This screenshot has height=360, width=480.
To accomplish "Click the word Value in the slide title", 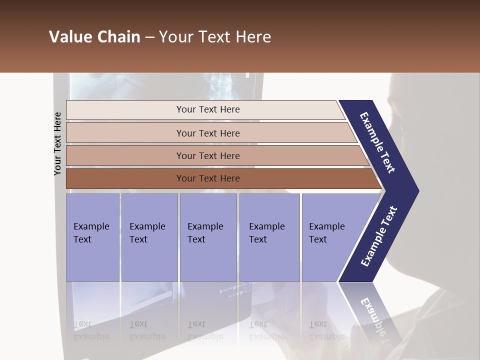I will coord(70,37).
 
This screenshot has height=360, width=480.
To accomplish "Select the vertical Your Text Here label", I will coord(58,143).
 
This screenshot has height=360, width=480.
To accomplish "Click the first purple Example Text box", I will coord(92,237).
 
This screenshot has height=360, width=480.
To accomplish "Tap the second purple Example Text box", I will coord(149,237).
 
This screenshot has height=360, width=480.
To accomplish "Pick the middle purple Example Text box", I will coord(208,237).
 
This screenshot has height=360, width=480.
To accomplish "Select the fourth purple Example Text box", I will coord(269,237).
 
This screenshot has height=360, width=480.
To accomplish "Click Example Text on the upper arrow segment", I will coord(378,142).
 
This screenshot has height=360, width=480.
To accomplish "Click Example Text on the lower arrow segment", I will coord(379,236).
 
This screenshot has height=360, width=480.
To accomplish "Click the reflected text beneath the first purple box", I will coord(91,330).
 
